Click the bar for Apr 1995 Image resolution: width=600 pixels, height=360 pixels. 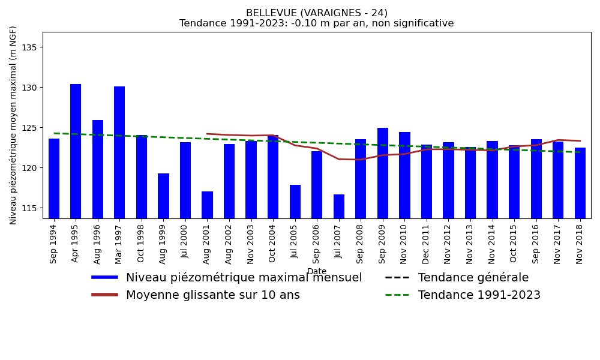pyautogui.click(x=76, y=151)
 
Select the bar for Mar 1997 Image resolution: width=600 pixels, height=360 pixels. pyautogui.click(x=119, y=152)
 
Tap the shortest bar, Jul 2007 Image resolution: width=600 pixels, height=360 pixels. pyautogui.click(x=339, y=206)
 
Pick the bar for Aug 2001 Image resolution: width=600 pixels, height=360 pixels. pyautogui.click(x=207, y=205)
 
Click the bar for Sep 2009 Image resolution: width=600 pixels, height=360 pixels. pyautogui.click(x=383, y=173)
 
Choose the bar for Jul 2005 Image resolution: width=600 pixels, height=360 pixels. pyautogui.click(x=295, y=202)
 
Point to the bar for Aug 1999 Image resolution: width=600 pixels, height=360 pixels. pyautogui.click(x=163, y=196)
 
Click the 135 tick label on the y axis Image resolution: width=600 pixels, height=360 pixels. pyautogui.click(x=29, y=47)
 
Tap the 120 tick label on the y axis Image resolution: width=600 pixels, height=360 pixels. pyautogui.click(x=29, y=168)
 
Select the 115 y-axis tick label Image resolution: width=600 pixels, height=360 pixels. pyautogui.click(x=29, y=208)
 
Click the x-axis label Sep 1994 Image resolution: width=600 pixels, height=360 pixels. pyautogui.click(x=54, y=244)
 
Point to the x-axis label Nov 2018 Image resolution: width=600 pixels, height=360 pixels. pyautogui.click(x=580, y=244)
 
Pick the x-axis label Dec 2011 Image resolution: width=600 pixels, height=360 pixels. pyautogui.click(x=427, y=244)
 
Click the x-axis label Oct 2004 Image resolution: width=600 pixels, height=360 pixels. pyautogui.click(x=273, y=244)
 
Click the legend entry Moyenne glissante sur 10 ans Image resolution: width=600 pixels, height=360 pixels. pyautogui.click(x=212, y=295)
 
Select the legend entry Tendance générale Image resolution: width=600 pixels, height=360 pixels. pyautogui.click(x=473, y=278)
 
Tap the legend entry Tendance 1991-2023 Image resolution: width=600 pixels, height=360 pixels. pyautogui.click(x=479, y=295)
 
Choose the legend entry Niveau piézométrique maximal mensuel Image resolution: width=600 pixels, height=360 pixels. pyautogui.click(x=244, y=278)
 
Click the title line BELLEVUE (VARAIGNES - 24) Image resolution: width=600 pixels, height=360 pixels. pyautogui.click(x=317, y=13)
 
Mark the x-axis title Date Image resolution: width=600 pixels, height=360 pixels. pyautogui.click(x=317, y=272)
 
